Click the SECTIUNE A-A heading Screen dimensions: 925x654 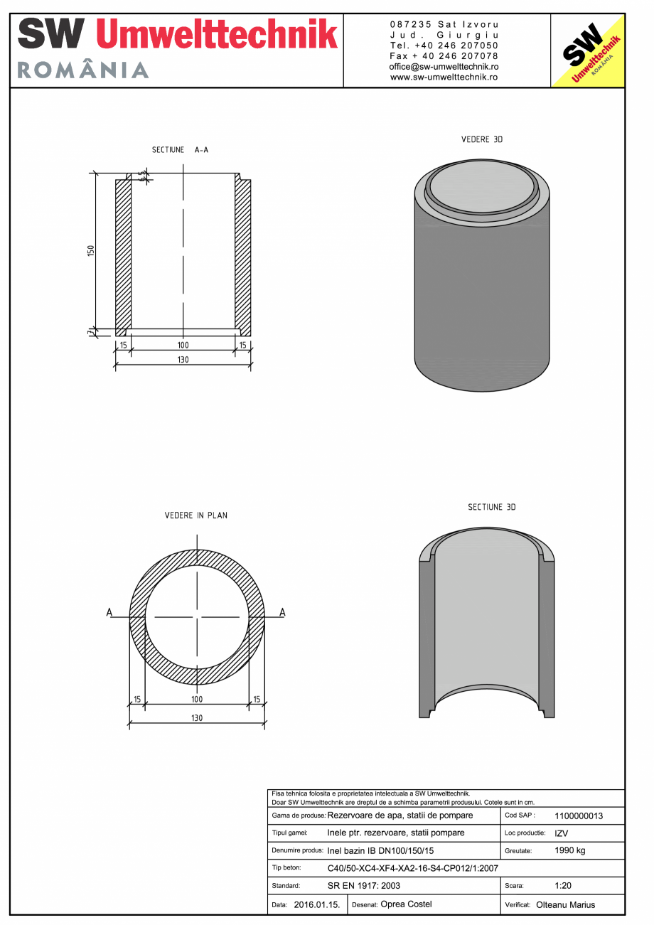180,150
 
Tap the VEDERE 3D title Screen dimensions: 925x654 482,139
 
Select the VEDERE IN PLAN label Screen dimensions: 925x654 196,515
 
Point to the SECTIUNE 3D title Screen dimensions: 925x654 491,507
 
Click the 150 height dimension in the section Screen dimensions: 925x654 91,251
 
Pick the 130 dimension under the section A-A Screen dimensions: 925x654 183,360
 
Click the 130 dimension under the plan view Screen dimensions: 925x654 197,718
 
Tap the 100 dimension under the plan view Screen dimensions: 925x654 197,700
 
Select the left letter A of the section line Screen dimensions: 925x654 109,612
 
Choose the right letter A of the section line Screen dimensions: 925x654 282,612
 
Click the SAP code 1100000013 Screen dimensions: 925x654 578,816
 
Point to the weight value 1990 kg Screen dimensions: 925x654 569,850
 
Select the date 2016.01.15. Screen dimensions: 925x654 317,904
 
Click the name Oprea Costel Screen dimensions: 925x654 406,904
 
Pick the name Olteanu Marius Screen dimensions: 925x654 565,905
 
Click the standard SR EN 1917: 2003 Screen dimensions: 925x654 364,886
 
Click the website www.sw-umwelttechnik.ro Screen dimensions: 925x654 444,77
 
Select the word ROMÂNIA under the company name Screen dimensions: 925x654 82,70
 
